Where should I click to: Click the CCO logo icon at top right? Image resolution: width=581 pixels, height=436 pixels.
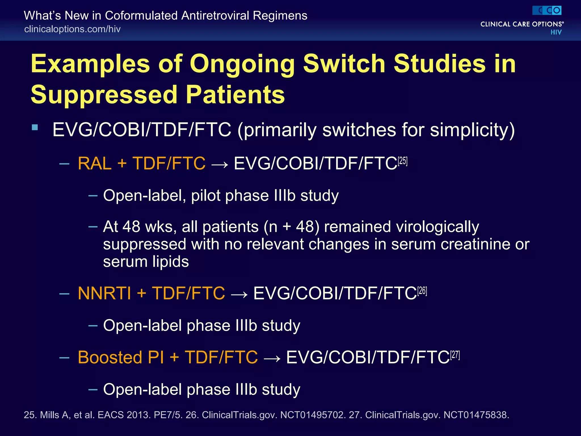pyautogui.click(x=547, y=11)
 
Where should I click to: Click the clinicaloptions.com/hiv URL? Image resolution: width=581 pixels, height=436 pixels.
pyautogui.click(x=72, y=29)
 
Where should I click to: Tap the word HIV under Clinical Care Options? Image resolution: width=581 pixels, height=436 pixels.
pyautogui.click(x=556, y=32)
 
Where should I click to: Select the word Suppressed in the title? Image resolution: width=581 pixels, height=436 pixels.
pyautogui.click(x=104, y=95)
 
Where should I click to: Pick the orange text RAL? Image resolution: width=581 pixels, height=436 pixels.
pyautogui.click(x=94, y=163)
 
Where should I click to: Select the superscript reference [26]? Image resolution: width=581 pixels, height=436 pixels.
pyautogui.click(x=422, y=291)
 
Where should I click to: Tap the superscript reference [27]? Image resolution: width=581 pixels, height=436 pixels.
pyautogui.click(x=455, y=355)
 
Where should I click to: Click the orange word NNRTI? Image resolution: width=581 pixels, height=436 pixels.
pyautogui.click(x=104, y=293)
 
